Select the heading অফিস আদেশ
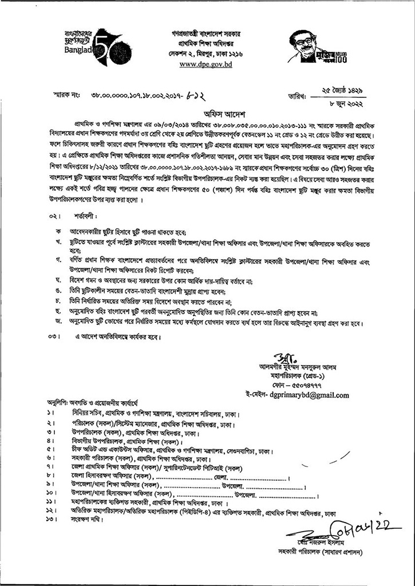(x=208, y=114)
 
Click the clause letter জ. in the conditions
(x=58, y=323)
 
